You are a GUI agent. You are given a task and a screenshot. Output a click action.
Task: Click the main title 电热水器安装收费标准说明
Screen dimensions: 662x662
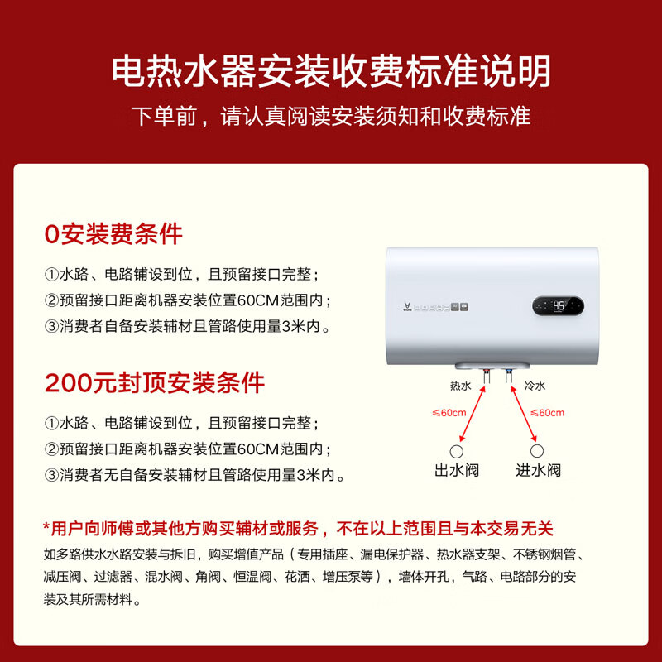[331, 72]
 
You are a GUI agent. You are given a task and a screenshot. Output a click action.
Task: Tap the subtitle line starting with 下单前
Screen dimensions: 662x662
[331, 116]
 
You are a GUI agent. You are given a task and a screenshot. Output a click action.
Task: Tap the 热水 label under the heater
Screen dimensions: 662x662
[461, 386]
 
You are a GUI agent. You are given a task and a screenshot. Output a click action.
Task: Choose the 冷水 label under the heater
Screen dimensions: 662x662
[535, 386]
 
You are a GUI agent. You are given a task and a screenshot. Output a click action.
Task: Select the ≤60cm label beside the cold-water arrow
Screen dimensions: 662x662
[547, 413]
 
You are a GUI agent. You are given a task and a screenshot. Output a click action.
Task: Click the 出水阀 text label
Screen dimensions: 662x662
[457, 470]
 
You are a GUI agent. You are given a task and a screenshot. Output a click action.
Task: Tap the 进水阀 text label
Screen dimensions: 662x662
[538, 470]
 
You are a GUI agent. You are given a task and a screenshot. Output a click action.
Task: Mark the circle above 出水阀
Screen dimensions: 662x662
[456, 450]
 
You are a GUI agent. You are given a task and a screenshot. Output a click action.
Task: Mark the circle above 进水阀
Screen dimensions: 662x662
[538, 450]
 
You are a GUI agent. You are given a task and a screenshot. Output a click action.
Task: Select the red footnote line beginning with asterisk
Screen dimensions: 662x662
[298, 528]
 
